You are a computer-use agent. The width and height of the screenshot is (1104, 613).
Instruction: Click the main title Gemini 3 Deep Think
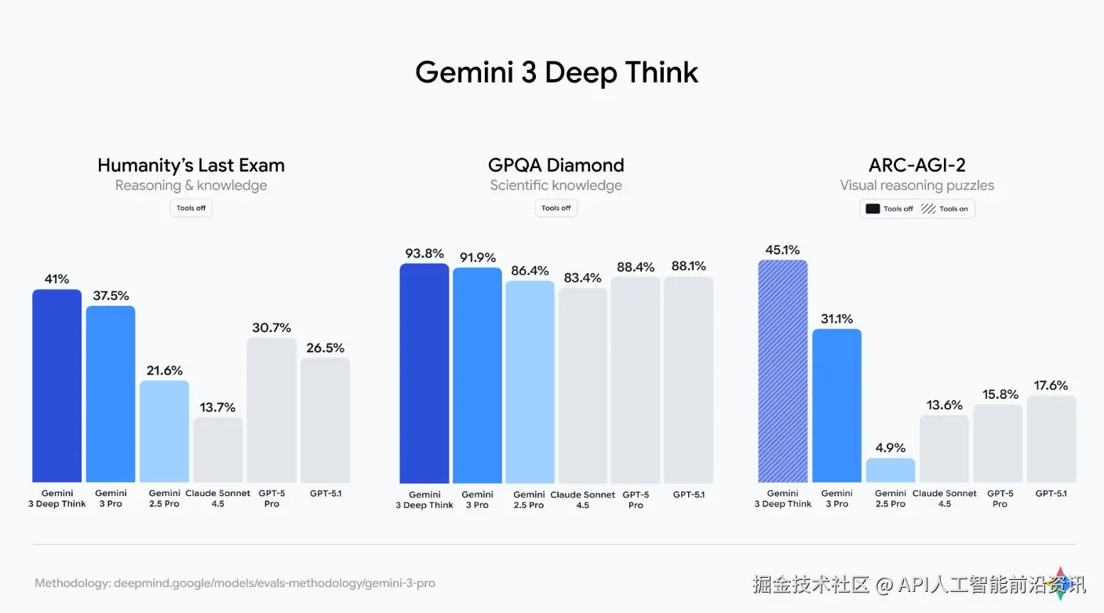tap(556, 72)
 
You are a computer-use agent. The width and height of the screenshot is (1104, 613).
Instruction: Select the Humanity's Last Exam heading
tap(191, 166)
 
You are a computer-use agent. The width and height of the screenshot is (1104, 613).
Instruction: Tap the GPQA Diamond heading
tap(556, 166)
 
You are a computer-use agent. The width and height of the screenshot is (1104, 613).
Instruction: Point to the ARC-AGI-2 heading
tap(916, 166)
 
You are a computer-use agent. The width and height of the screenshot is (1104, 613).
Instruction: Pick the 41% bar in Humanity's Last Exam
tap(56, 385)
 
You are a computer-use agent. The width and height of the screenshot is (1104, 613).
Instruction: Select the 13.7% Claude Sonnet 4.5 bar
tap(218, 450)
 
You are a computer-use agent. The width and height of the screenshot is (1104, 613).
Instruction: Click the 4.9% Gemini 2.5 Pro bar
tap(890, 470)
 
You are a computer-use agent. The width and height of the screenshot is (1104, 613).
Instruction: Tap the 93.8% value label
tap(424, 254)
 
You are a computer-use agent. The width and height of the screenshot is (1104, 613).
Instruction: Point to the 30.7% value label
tap(271, 328)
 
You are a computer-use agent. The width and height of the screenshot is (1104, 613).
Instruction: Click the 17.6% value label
tap(1051, 385)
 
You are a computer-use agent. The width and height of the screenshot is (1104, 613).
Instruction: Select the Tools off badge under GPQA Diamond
tap(556, 208)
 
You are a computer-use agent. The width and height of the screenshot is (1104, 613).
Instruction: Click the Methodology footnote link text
tap(235, 583)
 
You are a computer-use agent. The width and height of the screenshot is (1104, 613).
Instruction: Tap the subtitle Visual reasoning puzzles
tap(916, 186)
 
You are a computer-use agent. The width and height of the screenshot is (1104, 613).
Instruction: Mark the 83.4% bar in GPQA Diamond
tap(583, 385)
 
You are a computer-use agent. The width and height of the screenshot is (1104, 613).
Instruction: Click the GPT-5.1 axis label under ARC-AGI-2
tap(1051, 494)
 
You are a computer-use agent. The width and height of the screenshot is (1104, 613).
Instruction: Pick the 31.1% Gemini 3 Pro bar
tap(836, 405)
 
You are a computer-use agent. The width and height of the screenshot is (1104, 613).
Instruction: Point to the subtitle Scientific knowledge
tap(556, 186)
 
